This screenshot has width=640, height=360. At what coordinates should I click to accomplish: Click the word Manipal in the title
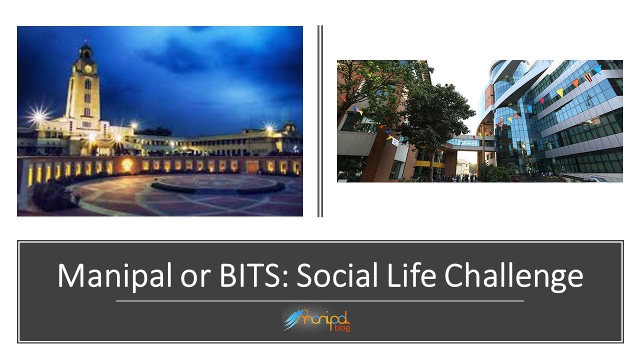114,275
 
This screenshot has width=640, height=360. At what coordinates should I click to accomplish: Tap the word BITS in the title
249,275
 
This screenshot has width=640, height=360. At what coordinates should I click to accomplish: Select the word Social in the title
336,274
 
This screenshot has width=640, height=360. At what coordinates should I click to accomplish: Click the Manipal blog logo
316,319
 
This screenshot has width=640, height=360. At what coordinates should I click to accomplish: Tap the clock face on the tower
88,69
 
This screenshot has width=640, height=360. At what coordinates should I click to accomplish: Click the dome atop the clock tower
85,50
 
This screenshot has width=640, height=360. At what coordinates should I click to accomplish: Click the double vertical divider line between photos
320,121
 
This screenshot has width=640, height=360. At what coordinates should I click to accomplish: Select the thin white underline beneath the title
319,301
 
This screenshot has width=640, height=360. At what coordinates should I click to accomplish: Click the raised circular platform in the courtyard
217,184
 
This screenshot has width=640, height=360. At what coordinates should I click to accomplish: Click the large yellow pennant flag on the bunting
559,92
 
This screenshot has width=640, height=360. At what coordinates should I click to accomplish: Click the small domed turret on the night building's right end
289,127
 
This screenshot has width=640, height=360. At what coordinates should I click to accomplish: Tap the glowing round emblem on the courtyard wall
127,164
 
